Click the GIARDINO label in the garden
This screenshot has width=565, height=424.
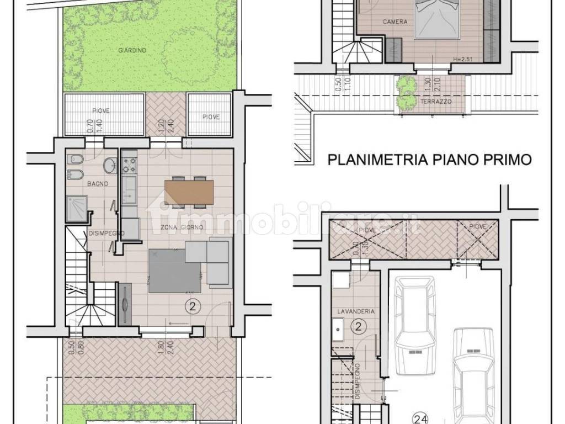(132, 50)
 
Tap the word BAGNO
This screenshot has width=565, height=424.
(81, 183)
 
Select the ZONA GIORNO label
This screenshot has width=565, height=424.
(182, 227)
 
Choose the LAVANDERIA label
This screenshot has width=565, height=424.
(356, 311)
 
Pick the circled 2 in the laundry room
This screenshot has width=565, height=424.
(358, 327)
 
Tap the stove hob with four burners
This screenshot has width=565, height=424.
(129, 163)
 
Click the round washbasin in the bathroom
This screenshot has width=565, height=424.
(110, 164)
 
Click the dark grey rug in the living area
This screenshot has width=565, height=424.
(174, 271)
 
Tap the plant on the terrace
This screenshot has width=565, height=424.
(406, 92)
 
